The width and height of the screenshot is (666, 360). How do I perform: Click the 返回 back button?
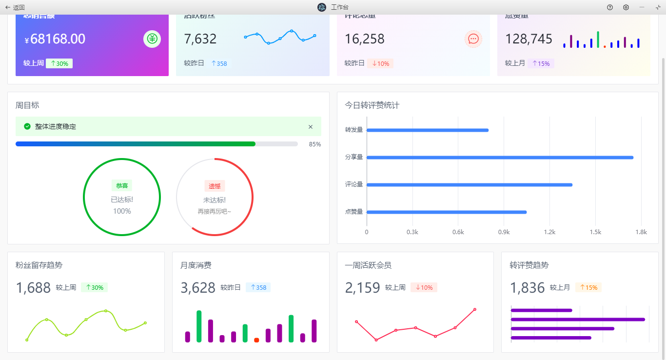15,7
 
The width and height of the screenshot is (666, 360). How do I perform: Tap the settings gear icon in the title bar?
626,7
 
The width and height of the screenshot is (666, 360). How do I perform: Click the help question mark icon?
610,7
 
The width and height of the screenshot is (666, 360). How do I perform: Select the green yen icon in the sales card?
152,39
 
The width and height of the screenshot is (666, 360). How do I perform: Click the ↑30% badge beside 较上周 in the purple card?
59,63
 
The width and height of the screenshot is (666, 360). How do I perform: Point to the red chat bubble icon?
473,39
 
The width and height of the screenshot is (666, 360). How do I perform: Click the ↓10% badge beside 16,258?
380,63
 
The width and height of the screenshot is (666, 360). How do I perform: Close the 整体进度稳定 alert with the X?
311,127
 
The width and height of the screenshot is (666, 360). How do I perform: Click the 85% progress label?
315,144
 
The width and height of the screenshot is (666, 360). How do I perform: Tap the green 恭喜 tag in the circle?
122,186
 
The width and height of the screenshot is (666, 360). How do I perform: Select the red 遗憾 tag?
215,186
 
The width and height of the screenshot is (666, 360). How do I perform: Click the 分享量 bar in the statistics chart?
500,158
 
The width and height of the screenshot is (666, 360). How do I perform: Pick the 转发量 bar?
428,130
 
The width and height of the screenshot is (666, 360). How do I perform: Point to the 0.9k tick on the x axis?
504,232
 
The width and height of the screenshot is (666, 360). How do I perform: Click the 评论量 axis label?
354,184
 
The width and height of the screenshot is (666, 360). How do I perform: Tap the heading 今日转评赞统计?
372,105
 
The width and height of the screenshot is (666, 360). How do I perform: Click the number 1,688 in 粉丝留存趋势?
33,288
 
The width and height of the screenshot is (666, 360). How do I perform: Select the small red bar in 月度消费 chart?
256,340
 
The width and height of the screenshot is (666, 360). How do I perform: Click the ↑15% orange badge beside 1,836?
588,288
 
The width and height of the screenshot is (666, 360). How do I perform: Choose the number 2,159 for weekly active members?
362,288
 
